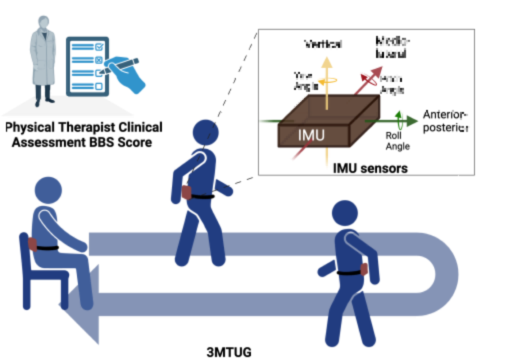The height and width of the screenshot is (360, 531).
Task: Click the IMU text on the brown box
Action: point(311,135)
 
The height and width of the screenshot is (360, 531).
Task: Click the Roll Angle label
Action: point(397,141)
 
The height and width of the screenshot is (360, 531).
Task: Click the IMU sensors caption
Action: point(370,168)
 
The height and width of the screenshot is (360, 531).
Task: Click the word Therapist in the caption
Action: point(87,127)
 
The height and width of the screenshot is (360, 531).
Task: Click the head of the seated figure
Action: point(48,190)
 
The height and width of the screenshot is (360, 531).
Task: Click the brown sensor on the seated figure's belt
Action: point(32,244)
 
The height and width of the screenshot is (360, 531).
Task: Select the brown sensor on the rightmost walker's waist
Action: point(364,269)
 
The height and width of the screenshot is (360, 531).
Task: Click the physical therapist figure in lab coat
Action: point(43,60)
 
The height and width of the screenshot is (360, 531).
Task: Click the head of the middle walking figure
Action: point(205,132)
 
